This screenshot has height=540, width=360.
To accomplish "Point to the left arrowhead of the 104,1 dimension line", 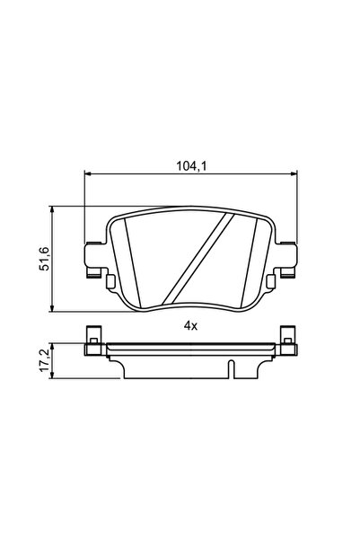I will [x=88, y=174].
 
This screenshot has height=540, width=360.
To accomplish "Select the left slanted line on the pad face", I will [x=131, y=261].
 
